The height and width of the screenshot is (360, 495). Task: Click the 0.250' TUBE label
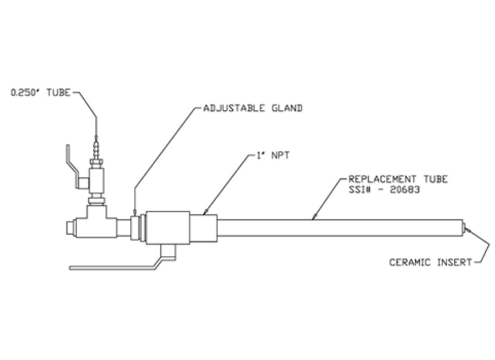coord(40,93)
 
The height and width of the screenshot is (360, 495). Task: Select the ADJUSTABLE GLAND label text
coord(253,108)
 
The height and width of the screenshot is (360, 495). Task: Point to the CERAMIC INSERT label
coord(430,262)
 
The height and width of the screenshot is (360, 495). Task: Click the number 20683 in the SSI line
coord(405,189)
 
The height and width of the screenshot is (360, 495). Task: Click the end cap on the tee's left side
coord(70,228)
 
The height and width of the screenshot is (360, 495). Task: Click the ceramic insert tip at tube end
coord(464,228)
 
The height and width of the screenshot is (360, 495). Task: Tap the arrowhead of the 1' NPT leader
coord(205,213)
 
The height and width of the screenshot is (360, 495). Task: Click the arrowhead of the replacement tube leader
coord(314,218)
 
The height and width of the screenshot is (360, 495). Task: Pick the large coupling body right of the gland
coord(168,228)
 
